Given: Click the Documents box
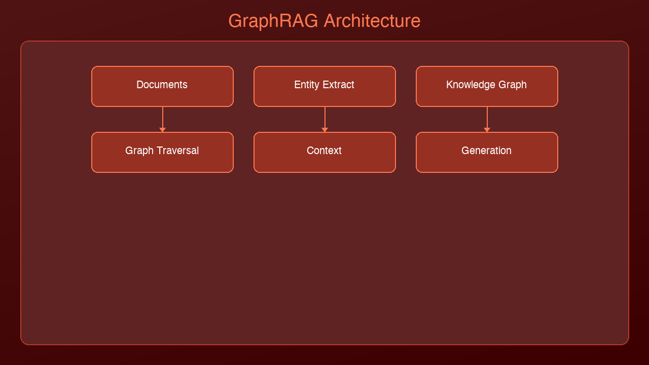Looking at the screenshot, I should [x=162, y=86].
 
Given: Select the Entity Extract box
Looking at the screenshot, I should [x=324, y=86].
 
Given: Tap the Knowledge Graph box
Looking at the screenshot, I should [x=487, y=86].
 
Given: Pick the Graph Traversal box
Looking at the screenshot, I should [x=162, y=152].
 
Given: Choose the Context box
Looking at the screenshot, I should [x=324, y=152].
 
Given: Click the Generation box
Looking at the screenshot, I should [x=487, y=152].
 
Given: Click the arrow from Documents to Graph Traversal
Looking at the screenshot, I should [x=162, y=118].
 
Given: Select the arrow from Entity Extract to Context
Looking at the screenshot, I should [x=324, y=118].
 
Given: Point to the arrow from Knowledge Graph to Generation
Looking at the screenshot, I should [x=487, y=118].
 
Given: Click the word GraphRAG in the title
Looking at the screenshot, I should [x=273, y=21].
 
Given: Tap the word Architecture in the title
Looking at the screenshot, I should [x=372, y=21].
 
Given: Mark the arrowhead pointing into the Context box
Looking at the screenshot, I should [x=324, y=130].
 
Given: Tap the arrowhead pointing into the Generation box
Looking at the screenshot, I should [x=487, y=130].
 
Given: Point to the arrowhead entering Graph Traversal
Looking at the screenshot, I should [x=162, y=130].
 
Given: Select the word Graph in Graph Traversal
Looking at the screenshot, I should [x=139, y=151].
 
